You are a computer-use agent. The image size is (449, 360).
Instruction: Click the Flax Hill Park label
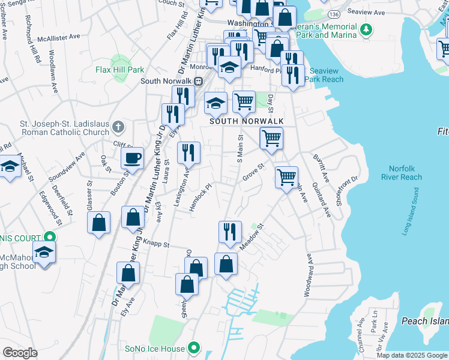[119, 70]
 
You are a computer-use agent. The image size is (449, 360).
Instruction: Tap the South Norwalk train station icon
[197, 81]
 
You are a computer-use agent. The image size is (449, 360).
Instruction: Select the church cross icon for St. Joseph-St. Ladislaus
[118, 126]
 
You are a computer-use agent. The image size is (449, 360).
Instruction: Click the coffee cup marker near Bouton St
[132, 158]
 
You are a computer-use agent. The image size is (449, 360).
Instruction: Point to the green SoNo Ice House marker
[194, 347]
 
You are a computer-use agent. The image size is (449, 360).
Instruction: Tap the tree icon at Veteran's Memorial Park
[365, 29]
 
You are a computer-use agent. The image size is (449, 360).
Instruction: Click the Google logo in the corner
[20, 353]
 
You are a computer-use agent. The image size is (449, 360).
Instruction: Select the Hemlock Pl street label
[203, 196]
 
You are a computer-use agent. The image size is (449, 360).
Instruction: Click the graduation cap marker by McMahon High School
[44, 252]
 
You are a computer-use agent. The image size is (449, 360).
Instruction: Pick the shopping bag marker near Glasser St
[99, 222]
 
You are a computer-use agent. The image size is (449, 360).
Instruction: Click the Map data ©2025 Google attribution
[411, 355]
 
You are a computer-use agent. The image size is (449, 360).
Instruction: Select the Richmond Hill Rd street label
[33, 44]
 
